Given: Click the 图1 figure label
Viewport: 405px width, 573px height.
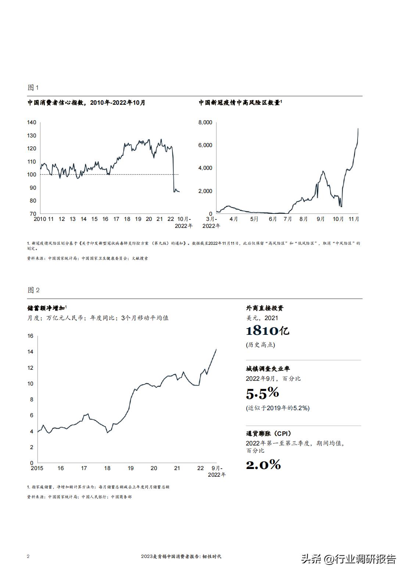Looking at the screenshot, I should click(33, 87).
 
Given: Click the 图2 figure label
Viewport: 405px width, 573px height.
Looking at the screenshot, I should click(33, 290).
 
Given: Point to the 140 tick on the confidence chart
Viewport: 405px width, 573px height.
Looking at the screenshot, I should click(32, 122).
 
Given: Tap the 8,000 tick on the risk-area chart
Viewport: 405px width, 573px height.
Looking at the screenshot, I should click(205, 122).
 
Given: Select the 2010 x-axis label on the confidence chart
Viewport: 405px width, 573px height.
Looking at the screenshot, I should click(39, 219).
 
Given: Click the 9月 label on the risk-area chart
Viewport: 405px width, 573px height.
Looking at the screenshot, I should click(320, 219).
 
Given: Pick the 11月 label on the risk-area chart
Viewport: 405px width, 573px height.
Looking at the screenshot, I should click(354, 219).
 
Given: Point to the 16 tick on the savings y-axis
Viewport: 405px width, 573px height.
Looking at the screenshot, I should click(30, 336).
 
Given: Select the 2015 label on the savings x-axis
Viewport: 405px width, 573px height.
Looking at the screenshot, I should click(37, 468).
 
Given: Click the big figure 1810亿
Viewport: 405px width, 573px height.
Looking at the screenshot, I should click(267, 331).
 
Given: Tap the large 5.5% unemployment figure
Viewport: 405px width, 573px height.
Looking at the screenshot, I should click(262, 393).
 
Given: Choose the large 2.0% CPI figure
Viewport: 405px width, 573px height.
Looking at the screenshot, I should click(263, 465).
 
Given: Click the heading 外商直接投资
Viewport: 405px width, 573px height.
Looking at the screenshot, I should click(265, 308).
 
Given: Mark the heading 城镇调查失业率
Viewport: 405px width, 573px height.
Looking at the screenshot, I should click(268, 369).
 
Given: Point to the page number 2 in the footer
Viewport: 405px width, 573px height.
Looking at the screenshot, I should click(28, 556).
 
